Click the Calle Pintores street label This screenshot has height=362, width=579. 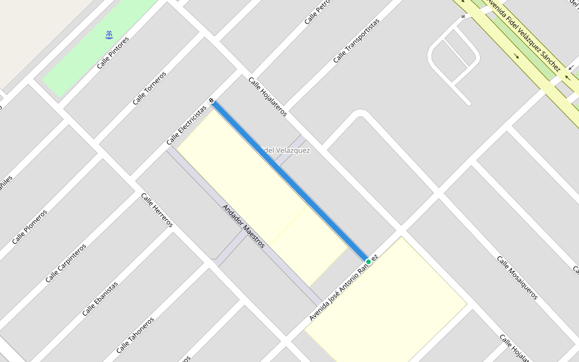(x=114, y=52)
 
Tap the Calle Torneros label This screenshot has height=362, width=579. (x=149, y=88)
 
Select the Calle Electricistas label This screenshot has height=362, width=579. (x=186, y=125)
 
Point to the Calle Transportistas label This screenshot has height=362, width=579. (x=356, y=40)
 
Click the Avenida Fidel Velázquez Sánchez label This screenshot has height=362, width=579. (x=523, y=36)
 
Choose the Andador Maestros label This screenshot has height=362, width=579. (x=244, y=226)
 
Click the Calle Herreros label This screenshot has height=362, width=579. (x=157, y=210)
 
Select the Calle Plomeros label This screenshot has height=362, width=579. (x=30, y=227)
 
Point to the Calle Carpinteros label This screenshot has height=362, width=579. (x=66, y=263)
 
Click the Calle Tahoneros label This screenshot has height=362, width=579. (x=135, y=335)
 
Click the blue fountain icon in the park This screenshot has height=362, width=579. (x=109, y=35)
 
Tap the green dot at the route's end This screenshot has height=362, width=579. (x=369, y=261)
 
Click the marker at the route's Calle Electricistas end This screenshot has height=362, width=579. (x=212, y=100)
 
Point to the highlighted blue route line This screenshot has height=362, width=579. (x=289, y=180)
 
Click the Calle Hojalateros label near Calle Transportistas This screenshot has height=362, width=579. (x=267, y=97)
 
